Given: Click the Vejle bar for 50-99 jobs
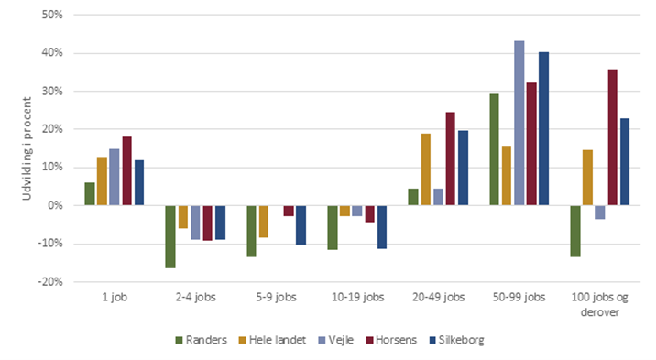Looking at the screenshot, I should pos(519,123).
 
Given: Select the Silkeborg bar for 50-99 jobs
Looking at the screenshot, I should pos(543,128).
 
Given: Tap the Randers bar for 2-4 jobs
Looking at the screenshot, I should pos(170,236).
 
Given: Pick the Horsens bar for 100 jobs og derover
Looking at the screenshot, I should pos(613,137).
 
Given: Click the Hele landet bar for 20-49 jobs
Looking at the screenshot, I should pos(425,169).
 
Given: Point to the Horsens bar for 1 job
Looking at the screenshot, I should pos(127,170).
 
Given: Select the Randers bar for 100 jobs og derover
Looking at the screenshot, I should pos(575,231).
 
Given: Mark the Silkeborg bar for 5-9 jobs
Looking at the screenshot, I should pos(301,224).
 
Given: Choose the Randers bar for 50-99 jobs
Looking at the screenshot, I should pos(494,149).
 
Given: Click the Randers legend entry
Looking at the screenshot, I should pos(198,340).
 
